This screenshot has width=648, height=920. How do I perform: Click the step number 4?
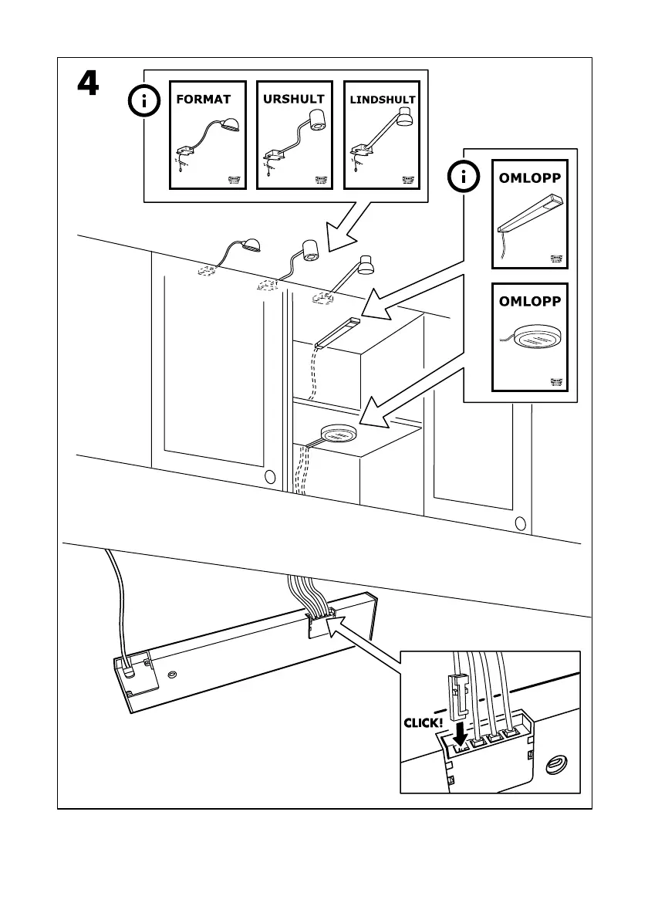[x=87, y=83]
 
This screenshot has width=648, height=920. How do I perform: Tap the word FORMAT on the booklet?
[x=204, y=100]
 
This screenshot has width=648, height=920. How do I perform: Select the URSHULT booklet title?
[x=294, y=99]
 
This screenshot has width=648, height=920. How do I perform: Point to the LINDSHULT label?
[x=383, y=100]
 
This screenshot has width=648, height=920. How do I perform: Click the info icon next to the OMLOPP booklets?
[x=464, y=178]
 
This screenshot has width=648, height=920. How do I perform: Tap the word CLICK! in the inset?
[x=423, y=724]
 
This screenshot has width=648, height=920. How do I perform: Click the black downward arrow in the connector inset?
[x=461, y=729]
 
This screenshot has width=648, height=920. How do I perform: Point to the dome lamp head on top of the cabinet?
[x=251, y=246]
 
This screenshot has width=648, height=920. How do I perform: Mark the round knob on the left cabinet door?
[x=269, y=477]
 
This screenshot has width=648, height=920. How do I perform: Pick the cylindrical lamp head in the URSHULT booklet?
[x=316, y=119]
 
